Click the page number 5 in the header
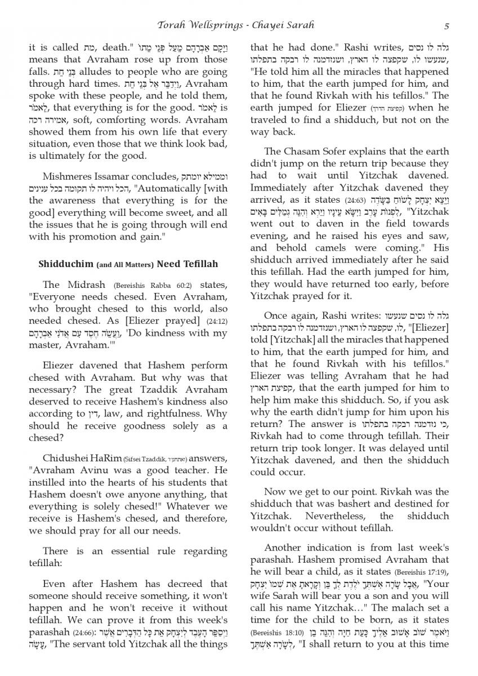click(446, 25)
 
